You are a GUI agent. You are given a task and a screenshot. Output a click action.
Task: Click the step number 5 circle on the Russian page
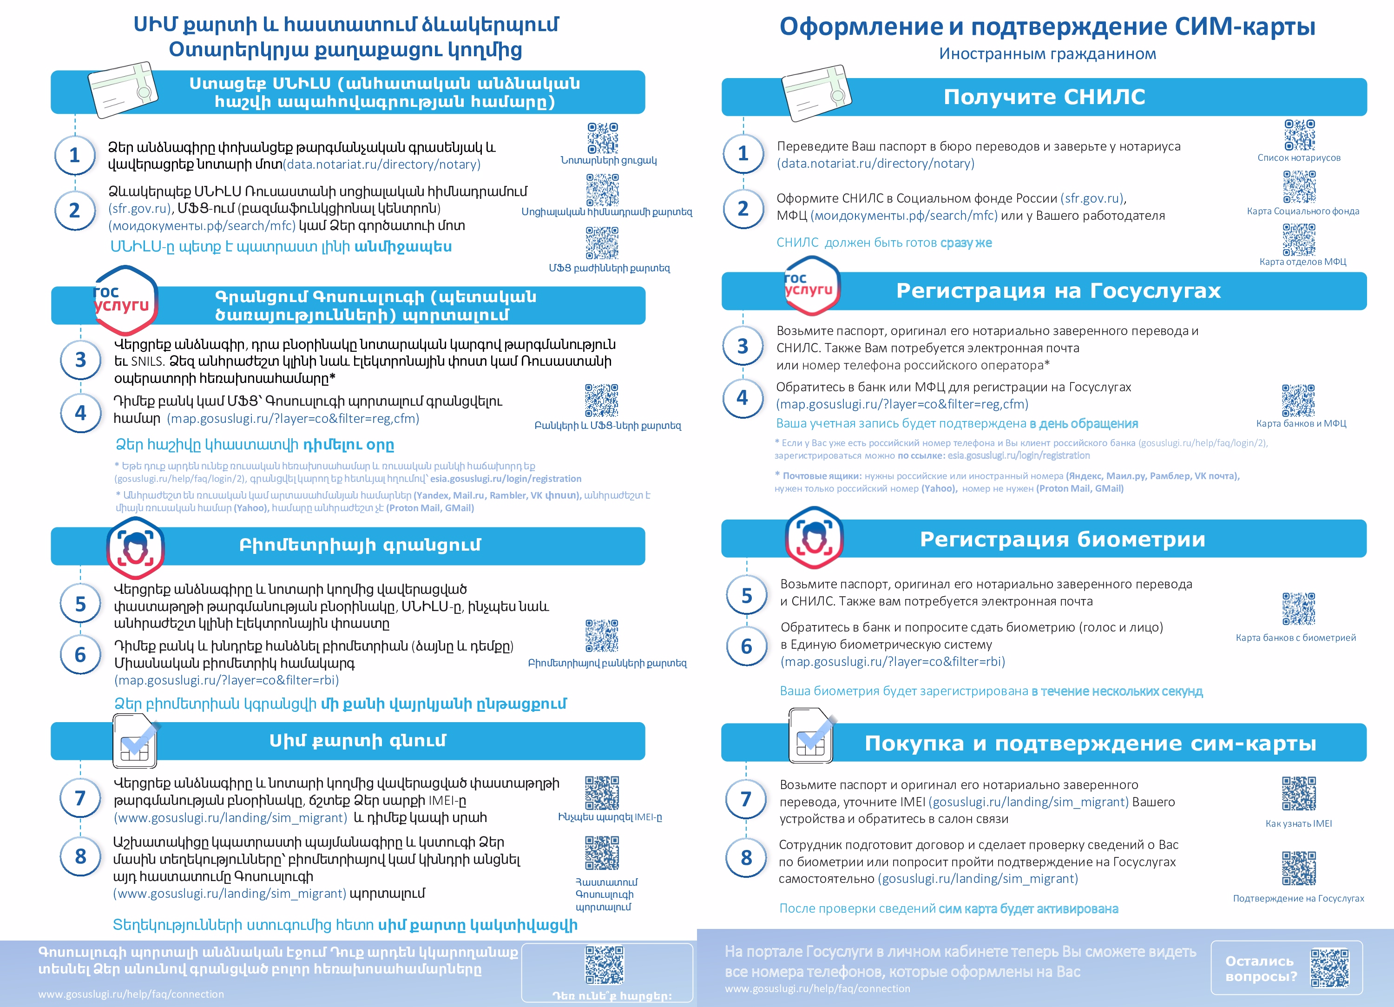(x=746, y=595)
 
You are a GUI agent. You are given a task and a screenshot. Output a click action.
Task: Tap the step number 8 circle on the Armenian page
(x=80, y=856)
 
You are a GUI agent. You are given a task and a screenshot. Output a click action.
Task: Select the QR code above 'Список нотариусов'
(x=1299, y=135)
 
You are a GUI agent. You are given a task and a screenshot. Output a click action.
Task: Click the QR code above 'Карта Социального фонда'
(x=1299, y=187)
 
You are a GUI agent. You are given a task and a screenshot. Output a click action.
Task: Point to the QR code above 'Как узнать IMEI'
(x=1299, y=793)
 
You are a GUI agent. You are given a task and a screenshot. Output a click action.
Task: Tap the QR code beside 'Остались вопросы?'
(x=1329, y=968)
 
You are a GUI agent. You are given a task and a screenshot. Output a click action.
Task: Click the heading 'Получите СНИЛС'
(x=1044, y=97)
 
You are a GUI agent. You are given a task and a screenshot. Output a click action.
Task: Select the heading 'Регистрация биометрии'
(x=1062, y=539)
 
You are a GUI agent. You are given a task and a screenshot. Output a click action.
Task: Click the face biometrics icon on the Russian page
(x=814, y=537)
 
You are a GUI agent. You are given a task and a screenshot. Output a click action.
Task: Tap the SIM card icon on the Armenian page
(x=135, y=741)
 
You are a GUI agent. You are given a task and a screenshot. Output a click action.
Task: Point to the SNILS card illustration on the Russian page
(x=815, y=93)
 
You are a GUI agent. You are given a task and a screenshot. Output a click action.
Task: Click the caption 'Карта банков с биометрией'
(x=1295, y=638)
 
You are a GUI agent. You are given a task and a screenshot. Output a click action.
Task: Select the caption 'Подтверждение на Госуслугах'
(x=1298, y=898)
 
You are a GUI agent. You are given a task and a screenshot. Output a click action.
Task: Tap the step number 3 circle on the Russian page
(x=743, y=346)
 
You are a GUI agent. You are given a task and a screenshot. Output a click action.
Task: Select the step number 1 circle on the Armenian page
(x=74, y=155)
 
